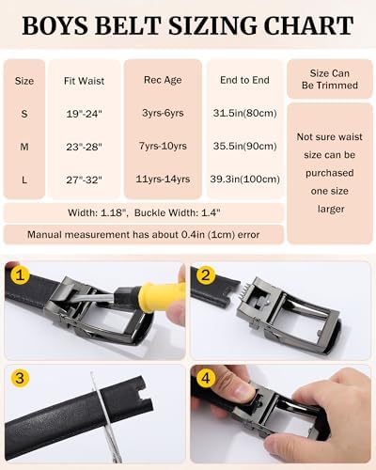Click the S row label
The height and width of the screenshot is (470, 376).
tap(24, 113)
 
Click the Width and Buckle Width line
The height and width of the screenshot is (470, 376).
tap(143, 212)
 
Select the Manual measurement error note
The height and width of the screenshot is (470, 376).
tap(143, 234)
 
